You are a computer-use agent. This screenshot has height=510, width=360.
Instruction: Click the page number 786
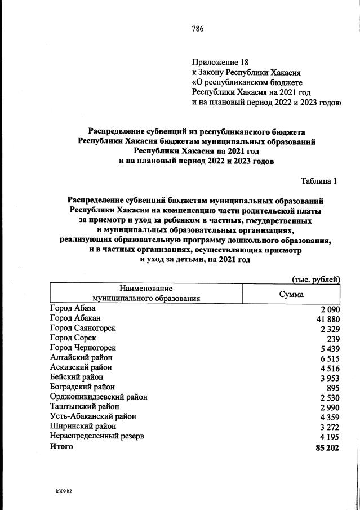click(197, 29)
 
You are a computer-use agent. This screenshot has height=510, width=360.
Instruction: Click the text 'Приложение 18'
click(220, 61)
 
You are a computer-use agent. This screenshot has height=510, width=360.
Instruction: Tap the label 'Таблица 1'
click(319, 181)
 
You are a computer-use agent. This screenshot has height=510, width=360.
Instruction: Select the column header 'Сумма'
click(291, 294)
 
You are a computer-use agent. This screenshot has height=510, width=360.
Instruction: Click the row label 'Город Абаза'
click(73, 309)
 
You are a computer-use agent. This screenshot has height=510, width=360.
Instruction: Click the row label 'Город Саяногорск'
click(84, 329)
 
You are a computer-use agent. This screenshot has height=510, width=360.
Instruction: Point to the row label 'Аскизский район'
click(82, 367)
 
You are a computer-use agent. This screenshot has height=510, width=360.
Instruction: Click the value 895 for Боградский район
click(333, 388)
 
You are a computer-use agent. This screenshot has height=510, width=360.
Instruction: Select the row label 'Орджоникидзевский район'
click(99, 397)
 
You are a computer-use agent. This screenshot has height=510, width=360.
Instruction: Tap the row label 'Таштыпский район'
click(85, 406)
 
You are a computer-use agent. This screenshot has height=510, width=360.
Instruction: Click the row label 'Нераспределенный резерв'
click(97, 436)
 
